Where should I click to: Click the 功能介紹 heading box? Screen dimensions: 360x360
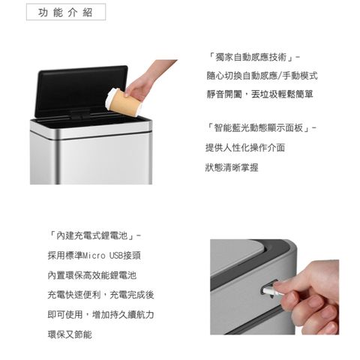tap(66, 12)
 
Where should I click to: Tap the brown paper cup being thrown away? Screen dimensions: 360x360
tap(124, 103)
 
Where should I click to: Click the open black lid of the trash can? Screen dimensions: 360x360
tap(81, 91)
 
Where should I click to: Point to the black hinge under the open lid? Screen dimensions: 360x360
tap(79, 114)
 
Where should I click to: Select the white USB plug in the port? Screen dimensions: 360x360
tap(273, 291)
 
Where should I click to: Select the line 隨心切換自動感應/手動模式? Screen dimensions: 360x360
tap(262, 76)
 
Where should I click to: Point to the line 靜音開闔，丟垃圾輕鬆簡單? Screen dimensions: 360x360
tap(259, 94)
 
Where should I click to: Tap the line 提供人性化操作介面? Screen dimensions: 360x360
tap(245, 148)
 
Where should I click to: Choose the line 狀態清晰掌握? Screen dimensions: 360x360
tap(232, 167)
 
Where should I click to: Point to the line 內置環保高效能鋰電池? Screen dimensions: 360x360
tap(92, 275)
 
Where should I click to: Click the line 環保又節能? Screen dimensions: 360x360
tap(70, 334)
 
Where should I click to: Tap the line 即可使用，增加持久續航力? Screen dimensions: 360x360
tap(100, 314)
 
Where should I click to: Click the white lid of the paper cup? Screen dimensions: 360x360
tap(110, 98)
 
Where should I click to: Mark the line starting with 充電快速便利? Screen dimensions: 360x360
tap(100, 295)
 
